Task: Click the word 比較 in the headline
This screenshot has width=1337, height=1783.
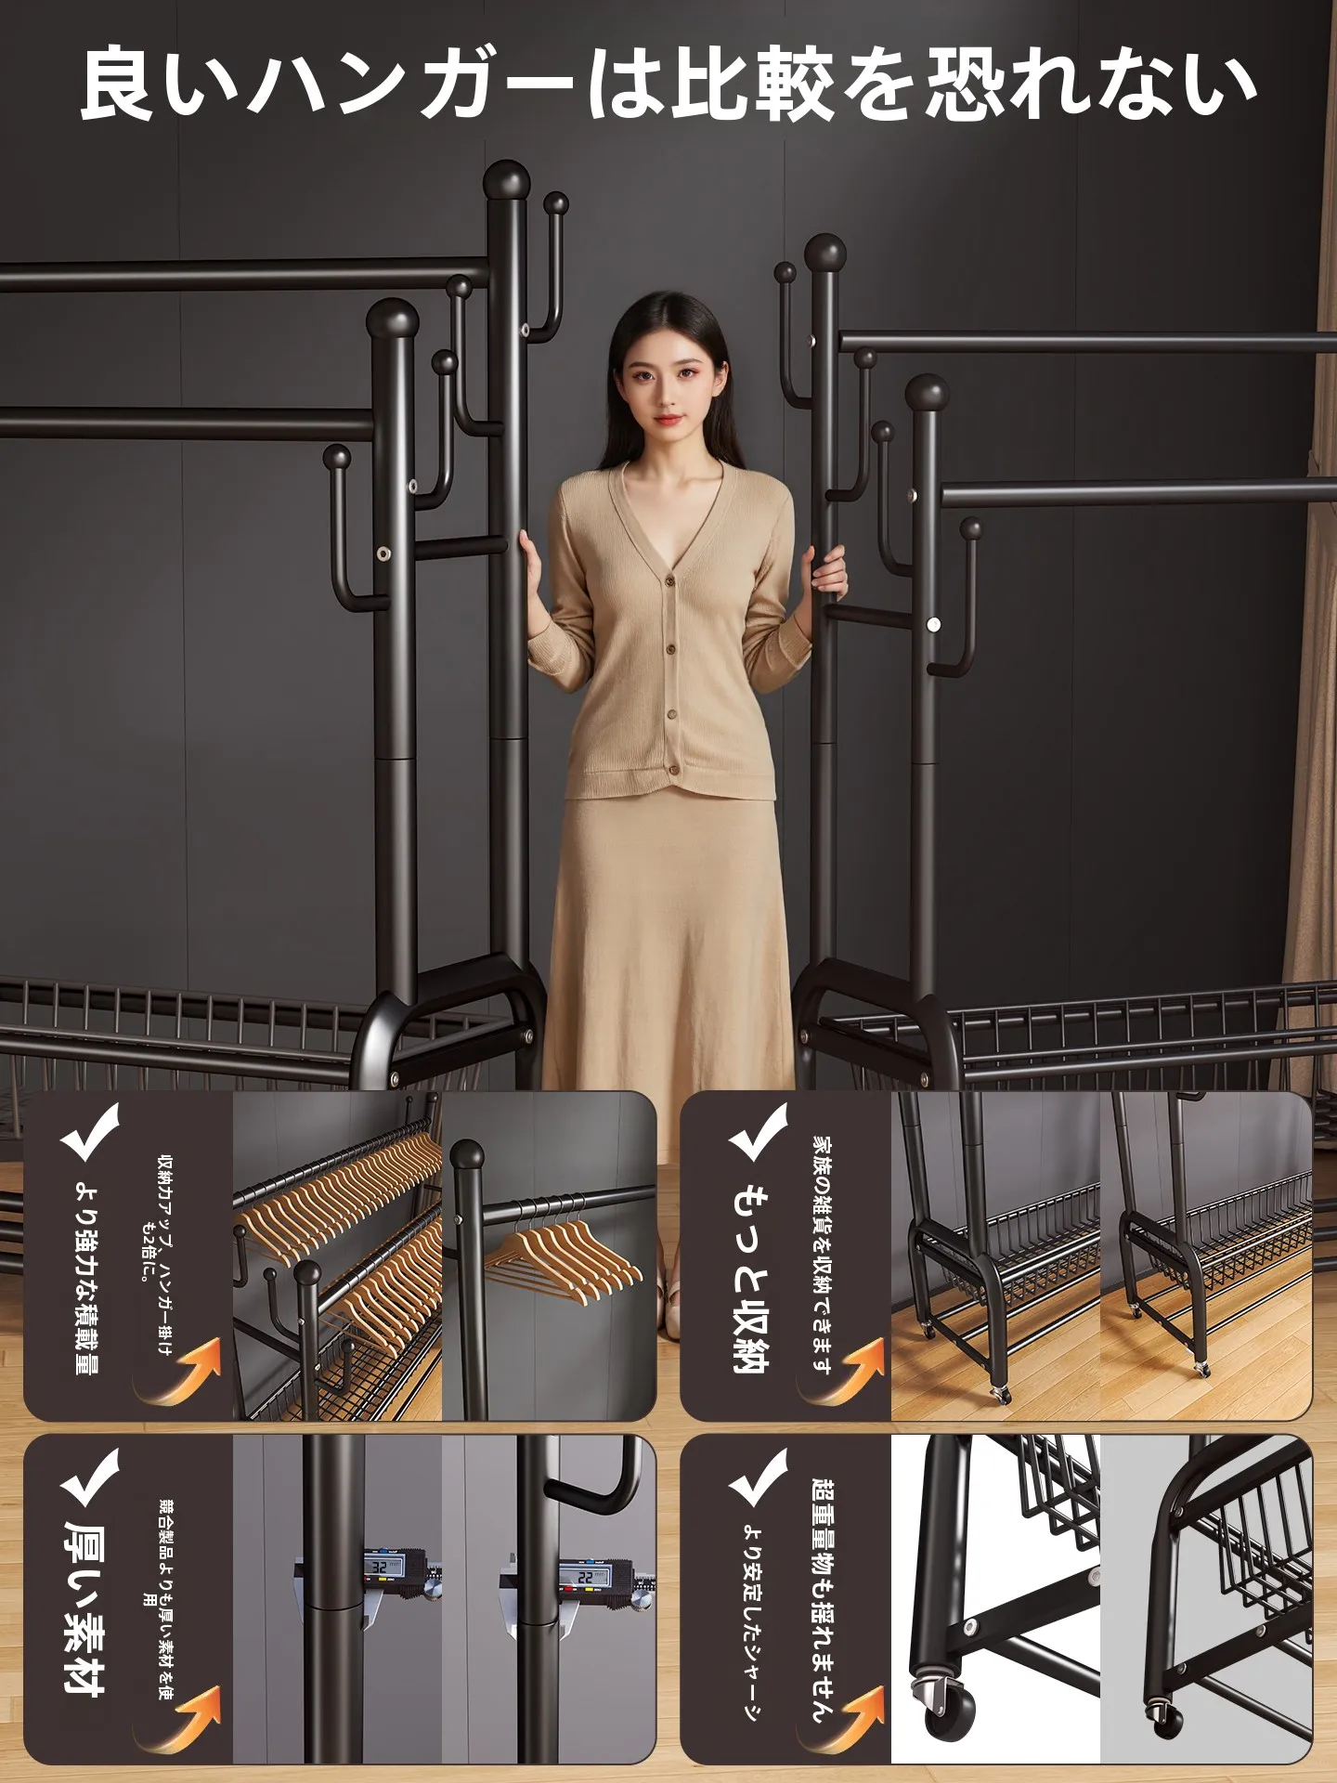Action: (755, 85)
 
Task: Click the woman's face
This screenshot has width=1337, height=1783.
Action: (665, 379)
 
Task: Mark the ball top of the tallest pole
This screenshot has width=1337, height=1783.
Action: (507, 180)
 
